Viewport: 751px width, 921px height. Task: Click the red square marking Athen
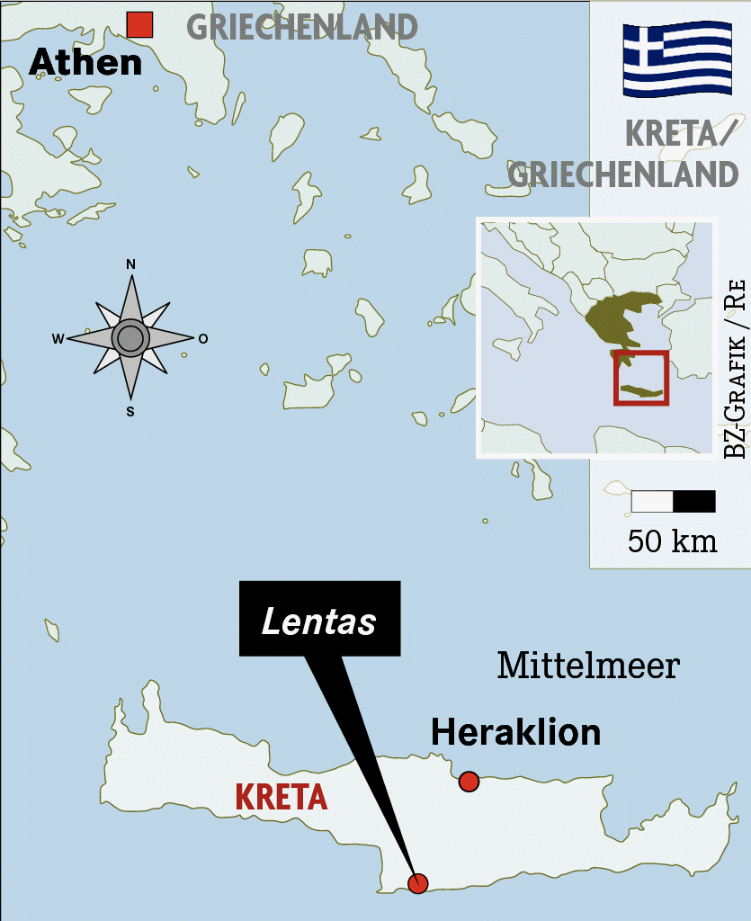click(x=139, y=25)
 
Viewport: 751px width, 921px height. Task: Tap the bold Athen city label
click(x=85, y=62)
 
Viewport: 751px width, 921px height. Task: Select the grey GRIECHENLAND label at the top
click(x=302, y=27)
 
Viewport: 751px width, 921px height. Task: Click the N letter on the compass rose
click(x=130, y=264)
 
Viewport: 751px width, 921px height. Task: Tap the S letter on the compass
click(x=130, y=412)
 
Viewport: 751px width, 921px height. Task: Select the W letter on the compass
click(x=58, y=339)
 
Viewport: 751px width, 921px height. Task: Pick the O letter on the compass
click(x=203, y=339)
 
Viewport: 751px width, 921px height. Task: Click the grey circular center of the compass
click(x=130, y=338)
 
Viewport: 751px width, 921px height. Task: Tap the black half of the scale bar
click(x=694, y=501)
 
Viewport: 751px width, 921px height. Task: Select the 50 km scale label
click(x=673, y=541)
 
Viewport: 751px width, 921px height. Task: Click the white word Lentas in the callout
click(x=318, y=622)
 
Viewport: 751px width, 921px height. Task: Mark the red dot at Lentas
click(x=417, y=882)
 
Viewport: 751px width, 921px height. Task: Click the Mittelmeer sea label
click(x=588, y=666)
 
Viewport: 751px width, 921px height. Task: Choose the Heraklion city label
click(x=515, y=732)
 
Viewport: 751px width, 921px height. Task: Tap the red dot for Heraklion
click(x=469, y=781)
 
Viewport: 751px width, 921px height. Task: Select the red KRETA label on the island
click(x=281, y=797)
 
